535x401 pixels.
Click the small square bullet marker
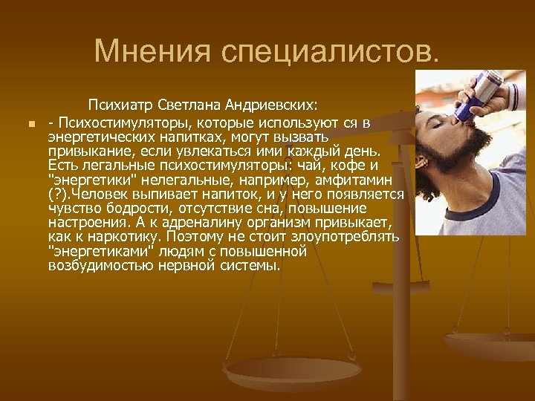(x=29, y=124)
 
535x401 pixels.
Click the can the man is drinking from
(x=476, y=94)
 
